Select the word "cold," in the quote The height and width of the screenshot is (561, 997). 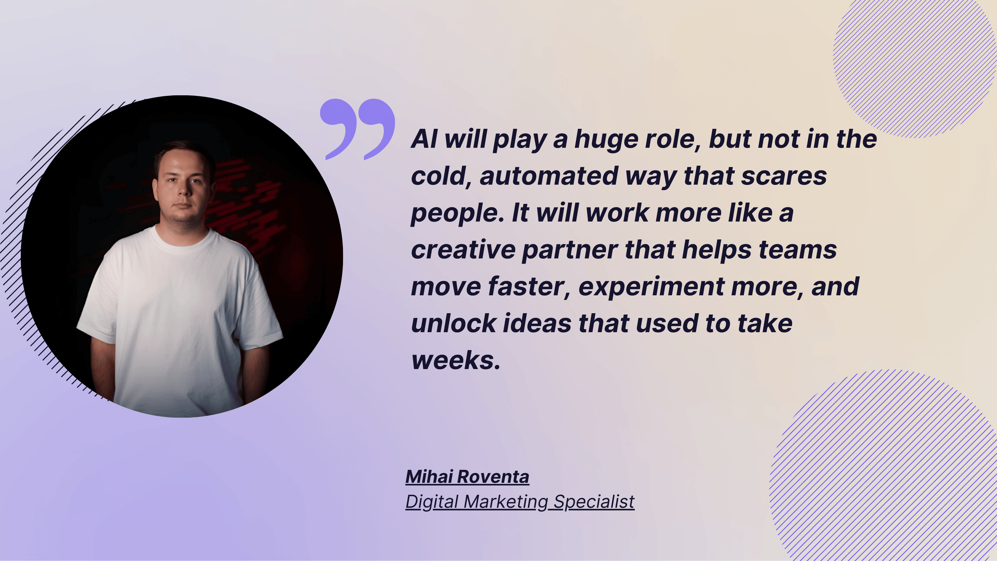[441, 176]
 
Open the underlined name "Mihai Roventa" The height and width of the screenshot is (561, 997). [467, 477]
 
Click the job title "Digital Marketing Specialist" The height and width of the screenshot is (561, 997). [520, 502]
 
